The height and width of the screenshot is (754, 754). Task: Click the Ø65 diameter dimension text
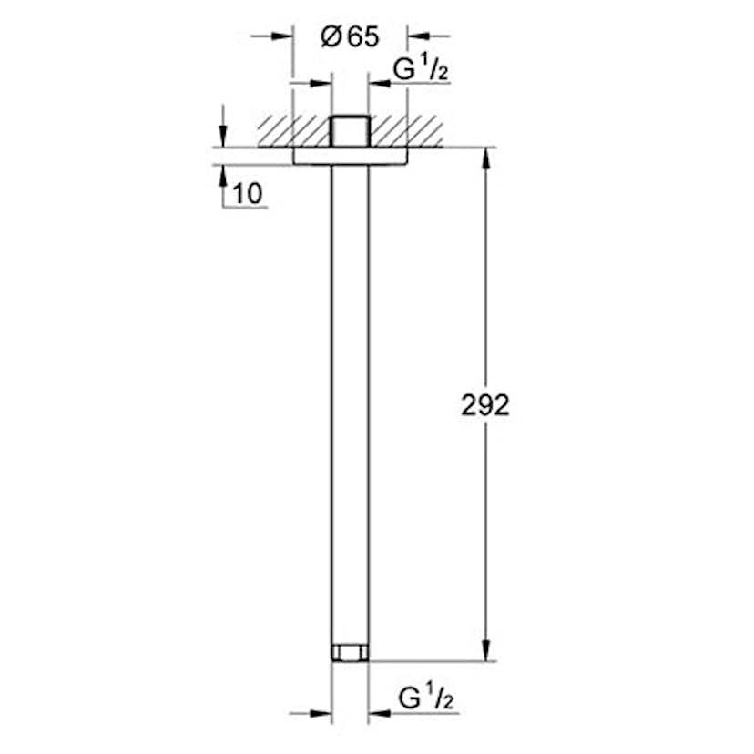[x=350, y=38]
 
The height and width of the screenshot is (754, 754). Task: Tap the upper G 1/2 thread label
[x=420, y=69]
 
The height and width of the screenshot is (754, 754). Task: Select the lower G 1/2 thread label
[x=426, y=699]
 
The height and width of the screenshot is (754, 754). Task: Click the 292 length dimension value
[x=485, y=404]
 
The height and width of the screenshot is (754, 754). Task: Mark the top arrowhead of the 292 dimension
[x=485, y=157]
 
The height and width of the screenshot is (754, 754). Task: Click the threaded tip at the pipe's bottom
[x=350, y=652]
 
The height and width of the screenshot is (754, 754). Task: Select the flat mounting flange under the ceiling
[x=350, y=156]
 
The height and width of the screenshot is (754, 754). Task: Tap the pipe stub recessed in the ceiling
[x=350, y=131]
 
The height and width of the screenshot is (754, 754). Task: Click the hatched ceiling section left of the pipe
[x=291, y=130]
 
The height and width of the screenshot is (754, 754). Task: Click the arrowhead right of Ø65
[x=416, y=36]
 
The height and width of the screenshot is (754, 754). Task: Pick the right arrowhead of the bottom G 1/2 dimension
[x=378, y=712]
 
